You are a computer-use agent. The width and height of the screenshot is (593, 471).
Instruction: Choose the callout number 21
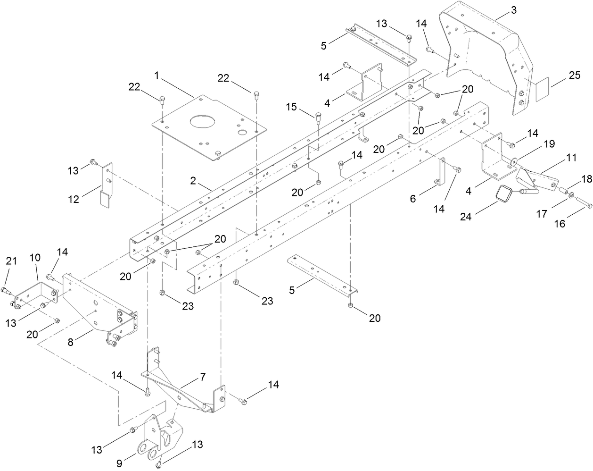click(x=11, y=261)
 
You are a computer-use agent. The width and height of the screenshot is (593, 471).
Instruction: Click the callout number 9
click(x=120, y=463)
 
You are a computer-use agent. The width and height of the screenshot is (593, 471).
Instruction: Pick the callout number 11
click(x=571, y=158)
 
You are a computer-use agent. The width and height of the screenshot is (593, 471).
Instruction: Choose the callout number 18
click(x=573, y=179)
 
